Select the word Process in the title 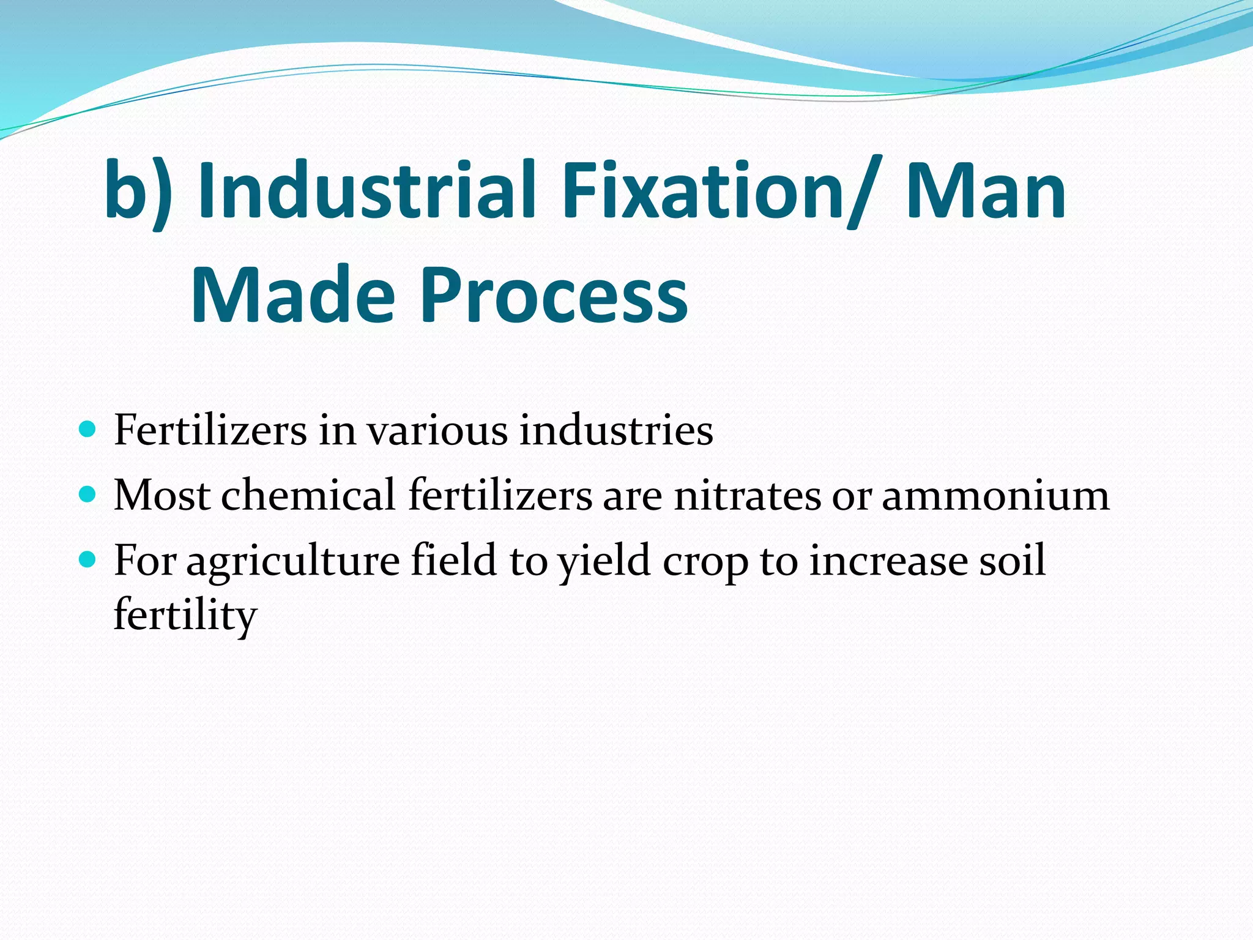pos(554,294)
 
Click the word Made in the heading pos(293,294)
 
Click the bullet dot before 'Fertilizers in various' pos(88,428)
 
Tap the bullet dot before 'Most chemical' pos(88,493)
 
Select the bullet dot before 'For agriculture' pos(88,559)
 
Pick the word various pos(437,430)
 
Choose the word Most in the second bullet pos(162,494)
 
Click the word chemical pos(308,494)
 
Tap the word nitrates pos(747,494)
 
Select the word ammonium pos(995,494)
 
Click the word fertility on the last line pos(185,615)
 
